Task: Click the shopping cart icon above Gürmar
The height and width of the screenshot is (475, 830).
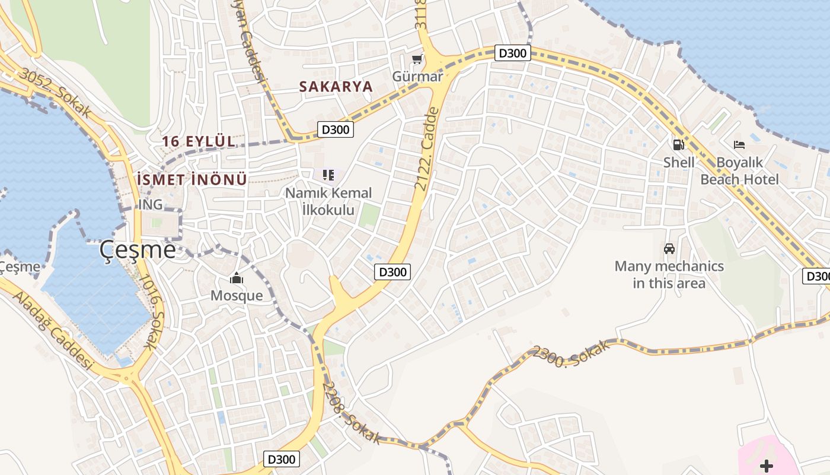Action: [417, 59]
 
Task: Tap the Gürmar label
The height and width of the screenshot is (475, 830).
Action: [417, 77]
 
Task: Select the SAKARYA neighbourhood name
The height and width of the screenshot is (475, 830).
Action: [336, 87]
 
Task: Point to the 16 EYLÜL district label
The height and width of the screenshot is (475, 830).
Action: [199, 142]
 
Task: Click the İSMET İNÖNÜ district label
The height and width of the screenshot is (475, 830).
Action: [191, 180]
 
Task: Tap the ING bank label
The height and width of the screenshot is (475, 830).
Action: [150, 205]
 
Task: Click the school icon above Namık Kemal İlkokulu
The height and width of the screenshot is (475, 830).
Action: [328, 175]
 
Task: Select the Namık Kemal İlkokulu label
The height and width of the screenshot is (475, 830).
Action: [328, 201]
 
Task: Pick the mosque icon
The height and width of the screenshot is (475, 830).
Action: [237, 278]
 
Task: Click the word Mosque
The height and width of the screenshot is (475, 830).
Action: [237, 296]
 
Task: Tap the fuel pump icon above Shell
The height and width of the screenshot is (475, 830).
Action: [678, 144]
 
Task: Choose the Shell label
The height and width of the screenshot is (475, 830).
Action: [679, 162]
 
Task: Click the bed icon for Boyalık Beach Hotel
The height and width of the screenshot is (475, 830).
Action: [739, 144]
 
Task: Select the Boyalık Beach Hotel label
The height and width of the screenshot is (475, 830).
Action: [739, 170]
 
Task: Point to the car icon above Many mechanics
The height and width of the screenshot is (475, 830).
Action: [669, 249]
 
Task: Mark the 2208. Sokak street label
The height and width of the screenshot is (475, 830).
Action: [351, 412]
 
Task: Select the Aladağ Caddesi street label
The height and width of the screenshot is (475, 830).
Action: [53, 331]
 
